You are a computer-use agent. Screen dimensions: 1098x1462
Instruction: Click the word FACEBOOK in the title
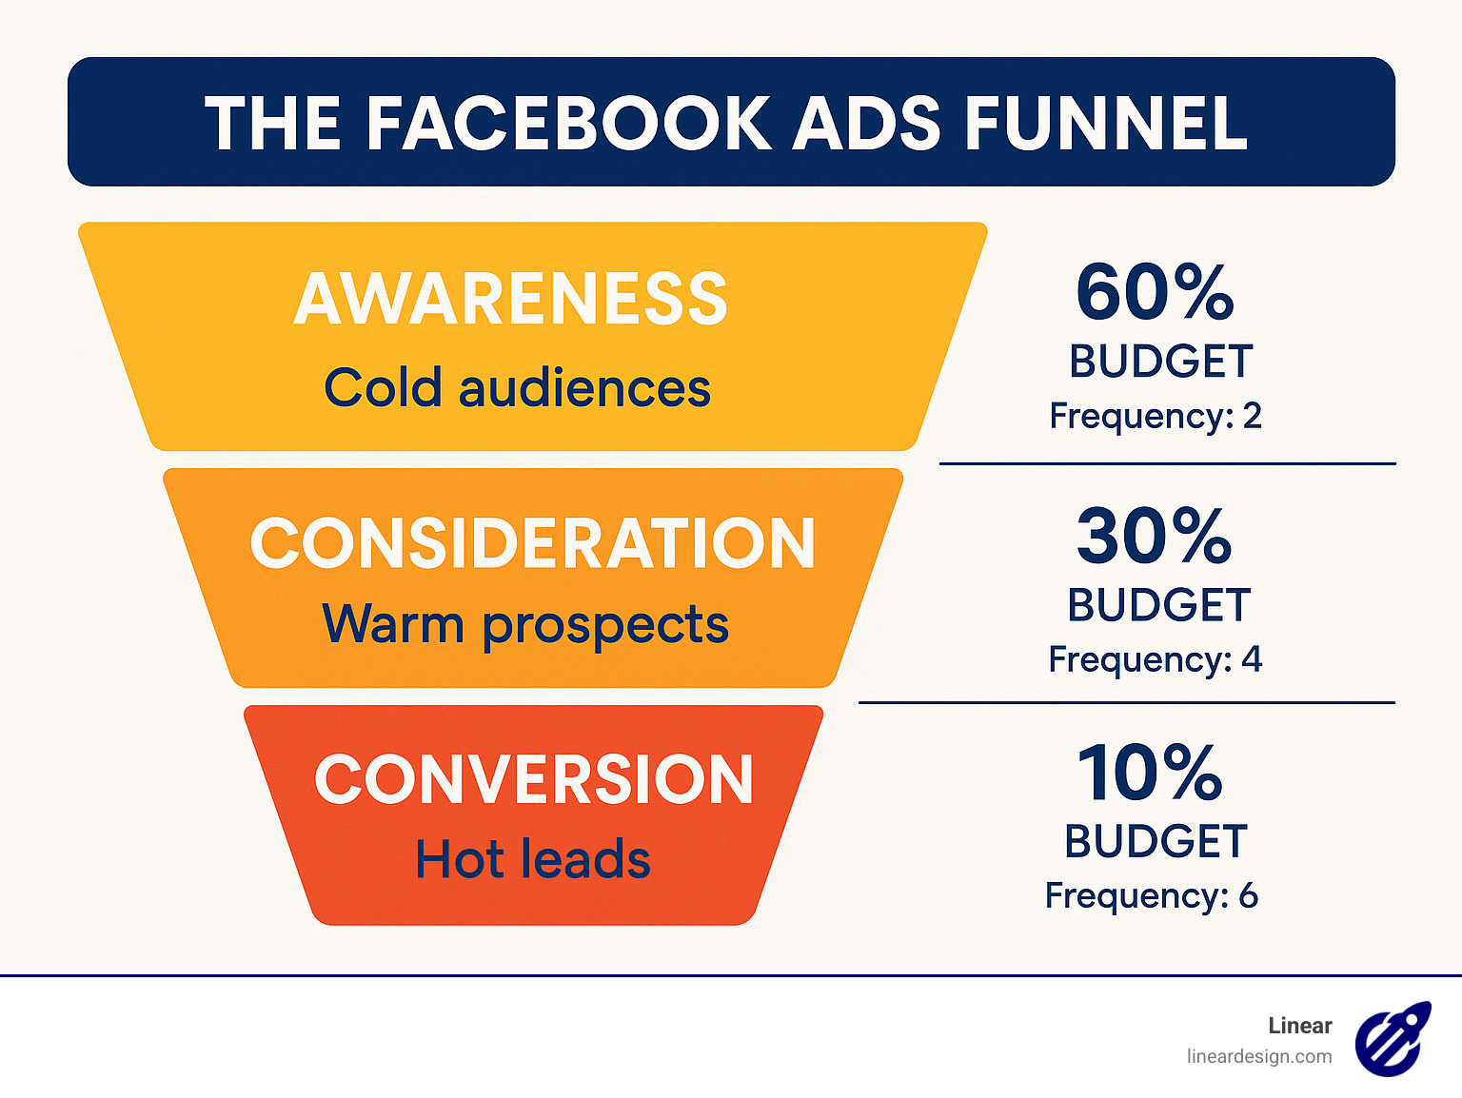(x=567, y=124)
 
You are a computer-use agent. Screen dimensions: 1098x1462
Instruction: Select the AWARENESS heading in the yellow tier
(x=511, y=300)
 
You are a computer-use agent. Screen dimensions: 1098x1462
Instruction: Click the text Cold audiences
(x=517, y=388)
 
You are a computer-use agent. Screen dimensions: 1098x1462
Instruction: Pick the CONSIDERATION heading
(x=532, y=544)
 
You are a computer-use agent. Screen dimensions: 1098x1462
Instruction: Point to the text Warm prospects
(x=525, y=624)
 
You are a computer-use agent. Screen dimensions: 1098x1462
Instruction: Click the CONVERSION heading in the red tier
(x=534, y=780)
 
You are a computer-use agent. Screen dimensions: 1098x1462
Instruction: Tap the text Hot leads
(x=533, y=859)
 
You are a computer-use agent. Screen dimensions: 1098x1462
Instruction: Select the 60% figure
(x=1155, y=293)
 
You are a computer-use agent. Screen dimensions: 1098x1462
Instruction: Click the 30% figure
(x=1155, y=537)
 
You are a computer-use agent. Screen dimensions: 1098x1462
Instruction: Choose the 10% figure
(x=1150, y=773)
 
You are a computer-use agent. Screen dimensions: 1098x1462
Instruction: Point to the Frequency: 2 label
(x=1156, y=416)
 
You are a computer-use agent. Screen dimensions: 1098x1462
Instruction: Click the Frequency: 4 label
(x=1156, y=659)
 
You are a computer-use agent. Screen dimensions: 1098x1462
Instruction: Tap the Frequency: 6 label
(x=1152, y=895)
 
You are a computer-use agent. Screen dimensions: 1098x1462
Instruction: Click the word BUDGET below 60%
(x=1160, y=362)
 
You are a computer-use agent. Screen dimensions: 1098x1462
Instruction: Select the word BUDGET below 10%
(x=1156, y=842)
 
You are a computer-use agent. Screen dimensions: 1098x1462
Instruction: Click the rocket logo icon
(x=1393, y=1039)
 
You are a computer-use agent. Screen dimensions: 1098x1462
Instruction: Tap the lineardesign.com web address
(x=1259, y=1056)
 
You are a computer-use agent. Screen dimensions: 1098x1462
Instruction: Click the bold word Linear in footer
(x=1299, y=1026)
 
